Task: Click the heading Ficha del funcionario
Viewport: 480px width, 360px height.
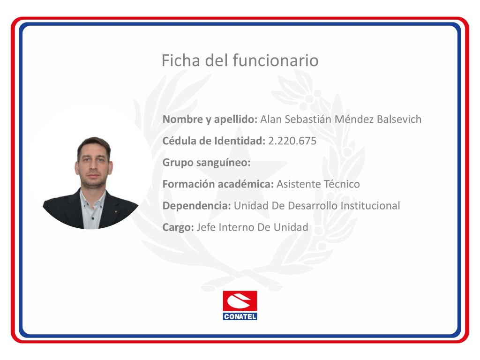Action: click(240, 60)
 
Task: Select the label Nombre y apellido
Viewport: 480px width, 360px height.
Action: click(210, 119)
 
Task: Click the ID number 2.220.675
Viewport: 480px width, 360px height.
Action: click(292, 141)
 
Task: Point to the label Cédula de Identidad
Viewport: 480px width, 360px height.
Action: click(214, 141)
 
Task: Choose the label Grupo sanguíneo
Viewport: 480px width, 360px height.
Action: click(207, 163)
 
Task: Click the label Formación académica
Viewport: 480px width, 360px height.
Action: click(218, 184)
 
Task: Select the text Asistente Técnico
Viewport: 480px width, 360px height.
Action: click(318, 184)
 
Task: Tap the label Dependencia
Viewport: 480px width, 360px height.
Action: click(197, 206)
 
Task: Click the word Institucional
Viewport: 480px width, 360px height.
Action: click(370, 206)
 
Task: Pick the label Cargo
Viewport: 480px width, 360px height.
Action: click(178, 227)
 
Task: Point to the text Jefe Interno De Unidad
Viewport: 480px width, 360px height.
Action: click(253, 227)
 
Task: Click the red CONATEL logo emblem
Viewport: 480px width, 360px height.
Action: click(240, 301)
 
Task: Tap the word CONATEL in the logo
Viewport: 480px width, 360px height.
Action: click(240, 316)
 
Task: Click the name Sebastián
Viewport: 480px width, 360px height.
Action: click(308, 119)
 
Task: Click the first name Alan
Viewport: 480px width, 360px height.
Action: click(271, 119)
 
